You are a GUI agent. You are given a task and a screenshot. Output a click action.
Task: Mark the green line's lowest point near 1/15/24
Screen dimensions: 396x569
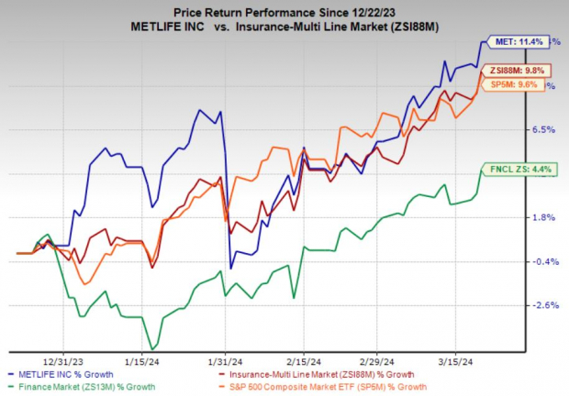152,348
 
